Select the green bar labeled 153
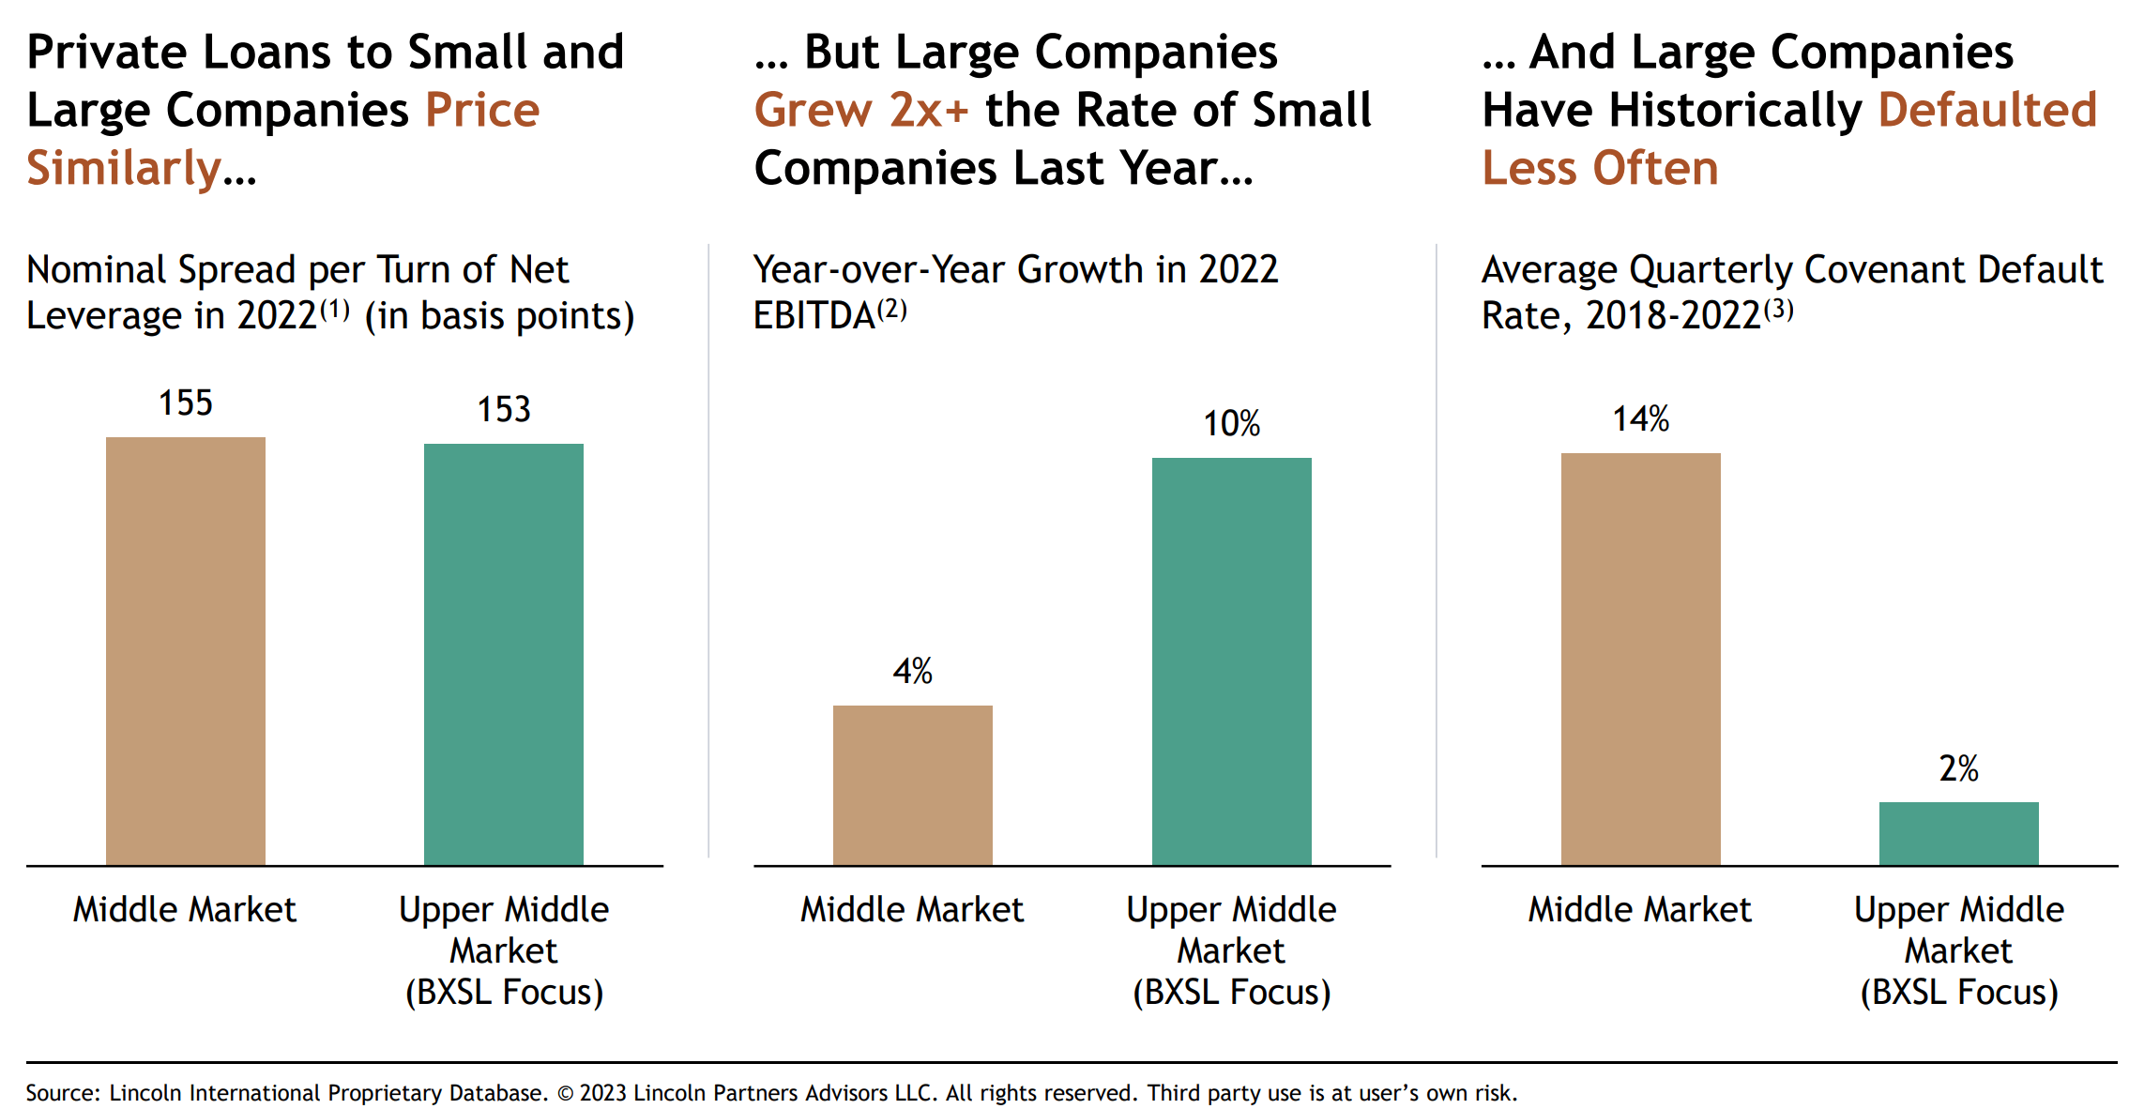pos(504,654)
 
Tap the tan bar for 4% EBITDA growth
pos(913,784)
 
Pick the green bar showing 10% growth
pos(1231,661)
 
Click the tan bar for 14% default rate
pos(1640,659)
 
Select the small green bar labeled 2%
pos(1958,833)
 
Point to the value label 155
pos(186,403)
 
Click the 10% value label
pos(1231,424)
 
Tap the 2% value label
pos(1958,769)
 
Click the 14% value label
pos(1640,419)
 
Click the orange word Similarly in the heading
pos(124,169)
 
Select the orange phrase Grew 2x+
pos(860,111)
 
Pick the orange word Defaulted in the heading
pos(1987,111)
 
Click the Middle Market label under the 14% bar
pos(1640,910)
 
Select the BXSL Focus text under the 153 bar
pos(504,993)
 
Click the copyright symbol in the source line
pos(565,1094)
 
